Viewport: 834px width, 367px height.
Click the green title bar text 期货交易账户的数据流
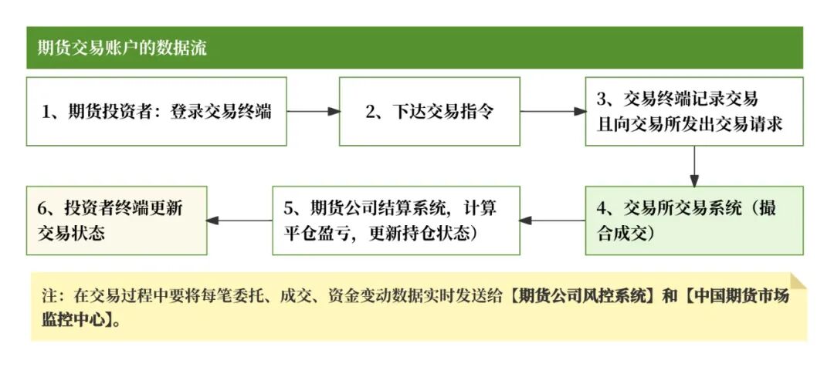[122, 48]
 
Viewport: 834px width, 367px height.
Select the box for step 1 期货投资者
[157, 111]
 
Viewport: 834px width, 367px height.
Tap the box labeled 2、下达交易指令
[429, 111]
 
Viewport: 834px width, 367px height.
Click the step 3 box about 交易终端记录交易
[693, 111]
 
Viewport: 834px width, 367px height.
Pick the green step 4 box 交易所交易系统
[693, 221]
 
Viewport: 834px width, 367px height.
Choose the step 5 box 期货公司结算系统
[396, 221]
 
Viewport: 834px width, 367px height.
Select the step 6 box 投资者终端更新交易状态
[117, 221]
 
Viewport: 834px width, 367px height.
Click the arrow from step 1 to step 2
[313, 111]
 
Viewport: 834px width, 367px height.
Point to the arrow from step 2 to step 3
[552, 111]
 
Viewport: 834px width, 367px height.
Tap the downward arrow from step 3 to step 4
[693, 166]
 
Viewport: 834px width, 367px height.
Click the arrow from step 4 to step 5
[552, 221]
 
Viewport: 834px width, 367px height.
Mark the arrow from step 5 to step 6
[239, 221]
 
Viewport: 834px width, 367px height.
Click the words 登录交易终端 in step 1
[221, 111]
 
